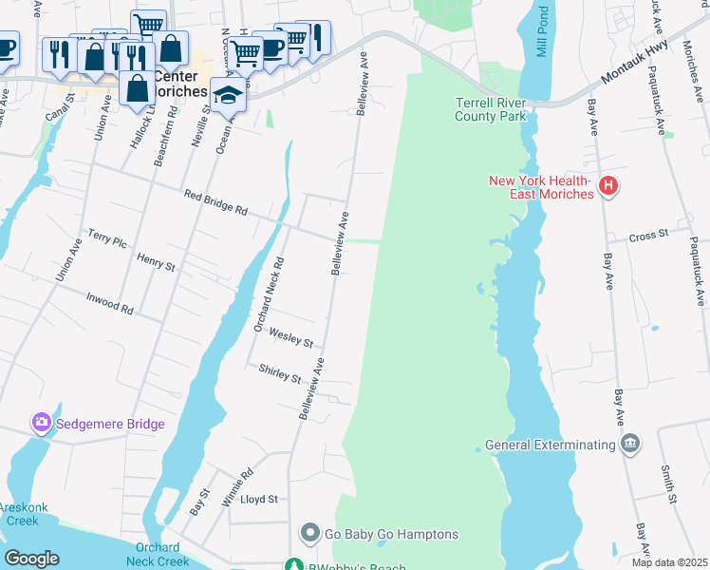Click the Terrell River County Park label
click(x=491, y=109)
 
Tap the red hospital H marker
click(x=609, y=188)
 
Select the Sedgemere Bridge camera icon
click(x=41, y=422)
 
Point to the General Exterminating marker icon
click(x=628, y=444)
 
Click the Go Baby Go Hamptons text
click(x=379, y=535)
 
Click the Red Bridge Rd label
click(x=215, y=203)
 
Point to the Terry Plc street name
click(x=106, y=237)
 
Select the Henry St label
click(x=156, y=261)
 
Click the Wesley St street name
click(x=290, y=337)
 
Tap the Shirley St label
click(x=282, y=375)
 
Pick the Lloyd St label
click(x=259, y=499)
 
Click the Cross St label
click(x=649, y=233)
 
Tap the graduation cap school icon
click(x=228, y=96)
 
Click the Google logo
click(x=31, y=559)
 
